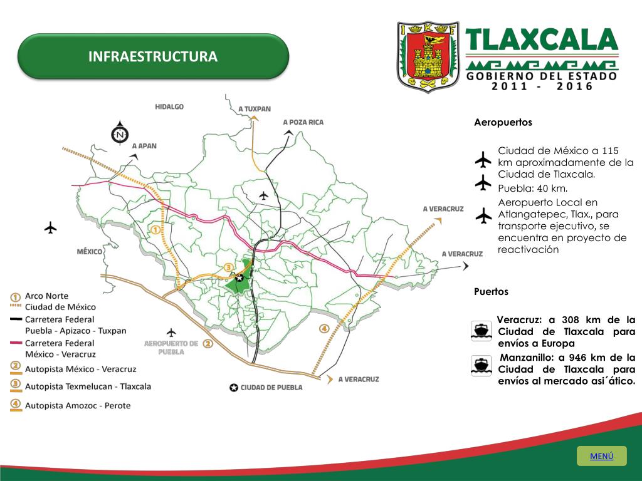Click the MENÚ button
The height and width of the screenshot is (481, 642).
click(601, 456)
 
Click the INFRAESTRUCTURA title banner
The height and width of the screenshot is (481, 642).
click(153, 57)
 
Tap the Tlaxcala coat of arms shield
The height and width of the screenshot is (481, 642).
click(428, 56)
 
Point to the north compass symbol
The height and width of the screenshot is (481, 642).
click(120, 133)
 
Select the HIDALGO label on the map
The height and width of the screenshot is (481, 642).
click(169, 107)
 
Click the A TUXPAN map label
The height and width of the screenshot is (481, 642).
click(255, 109)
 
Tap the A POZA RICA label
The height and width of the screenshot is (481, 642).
click(303, 122)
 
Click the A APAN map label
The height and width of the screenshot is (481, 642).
click(144, 145)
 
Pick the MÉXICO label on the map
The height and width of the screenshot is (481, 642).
click(90, 251)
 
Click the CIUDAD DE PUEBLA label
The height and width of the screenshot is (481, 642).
click(271, 388)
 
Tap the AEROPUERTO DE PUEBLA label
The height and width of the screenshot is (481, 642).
click(171, 348)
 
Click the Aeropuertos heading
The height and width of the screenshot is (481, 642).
click(503, 123)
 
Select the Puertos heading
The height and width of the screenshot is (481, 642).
click(491, 292)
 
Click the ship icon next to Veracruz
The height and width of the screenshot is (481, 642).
click(481, 330)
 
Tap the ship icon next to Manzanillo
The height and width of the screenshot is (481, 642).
click(481, 365)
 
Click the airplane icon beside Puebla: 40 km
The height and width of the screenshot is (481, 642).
click(483, 183)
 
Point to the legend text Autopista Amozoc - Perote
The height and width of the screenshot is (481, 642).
click(78, 405)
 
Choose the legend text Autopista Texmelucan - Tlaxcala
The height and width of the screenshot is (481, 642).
click(88, 386)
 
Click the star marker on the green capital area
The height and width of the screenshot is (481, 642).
click(239, 277)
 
